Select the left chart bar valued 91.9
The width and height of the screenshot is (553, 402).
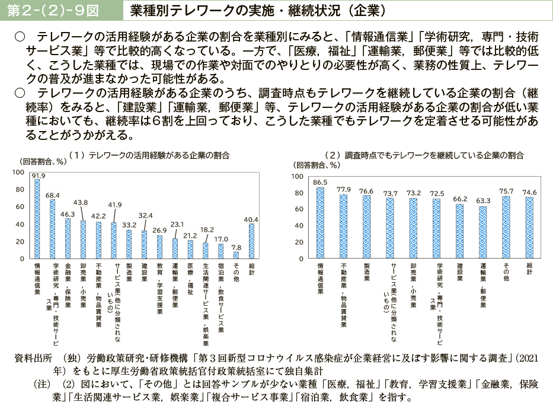[37, 219]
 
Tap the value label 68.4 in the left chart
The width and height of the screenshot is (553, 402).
[52, 194]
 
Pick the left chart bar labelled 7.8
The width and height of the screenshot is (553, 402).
[236, 256]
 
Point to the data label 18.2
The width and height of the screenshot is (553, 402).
[206, 228]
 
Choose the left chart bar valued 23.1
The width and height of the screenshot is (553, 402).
[175, 249]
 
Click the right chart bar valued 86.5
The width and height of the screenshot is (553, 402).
[321, 224]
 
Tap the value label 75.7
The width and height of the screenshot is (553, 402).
[506, 191]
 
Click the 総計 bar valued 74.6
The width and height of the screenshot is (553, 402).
[529, 228]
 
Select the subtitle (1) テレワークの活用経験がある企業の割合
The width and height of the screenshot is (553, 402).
[149, 155]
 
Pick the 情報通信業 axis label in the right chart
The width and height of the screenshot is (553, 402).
[321, 279]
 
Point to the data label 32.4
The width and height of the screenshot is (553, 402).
[145, 216]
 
